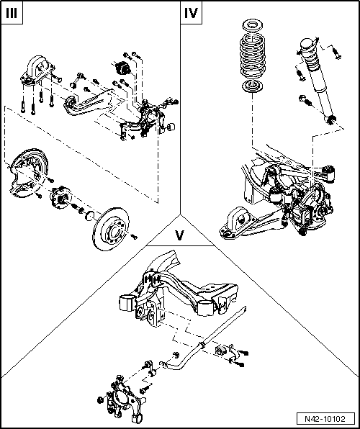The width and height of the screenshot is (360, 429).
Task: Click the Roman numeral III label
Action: (x=12, y=13)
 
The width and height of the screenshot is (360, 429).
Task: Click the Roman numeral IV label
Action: (x=191, y=13)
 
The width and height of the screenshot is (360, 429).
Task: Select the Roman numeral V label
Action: (x=179, y=235)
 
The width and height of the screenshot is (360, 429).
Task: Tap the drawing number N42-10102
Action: (x=325, y=419)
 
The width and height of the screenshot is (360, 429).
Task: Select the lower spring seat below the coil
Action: (x=253, y=86)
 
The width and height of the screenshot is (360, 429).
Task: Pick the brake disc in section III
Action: (x=112, y=228)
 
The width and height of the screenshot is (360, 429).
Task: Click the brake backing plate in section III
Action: (x=27, y=172)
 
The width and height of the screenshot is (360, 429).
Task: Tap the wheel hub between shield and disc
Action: (x=60, y=197)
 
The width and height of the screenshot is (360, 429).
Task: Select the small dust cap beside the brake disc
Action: (x=90, y=216)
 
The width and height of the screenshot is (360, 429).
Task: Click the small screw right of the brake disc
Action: (x=134, y=237)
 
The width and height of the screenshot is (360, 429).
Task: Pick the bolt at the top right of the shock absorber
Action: (x=336, y=53)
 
